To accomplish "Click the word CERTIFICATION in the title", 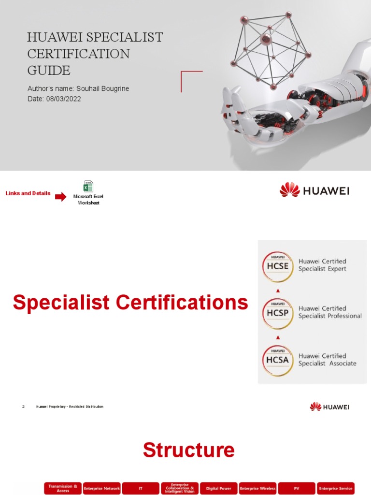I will click(78, 54).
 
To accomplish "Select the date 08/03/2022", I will click(63, 99).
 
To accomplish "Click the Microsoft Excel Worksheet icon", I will click(88, 187).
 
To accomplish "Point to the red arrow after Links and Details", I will click(61, 197).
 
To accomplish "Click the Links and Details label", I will click(28, 193).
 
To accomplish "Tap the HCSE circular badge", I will click(277, 266).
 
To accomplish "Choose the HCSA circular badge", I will click(277, 361).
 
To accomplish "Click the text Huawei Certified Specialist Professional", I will click(329, 312).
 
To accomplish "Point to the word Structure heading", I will click(188, 450).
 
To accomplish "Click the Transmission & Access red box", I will click(63, 488).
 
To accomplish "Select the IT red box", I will click(141, 488).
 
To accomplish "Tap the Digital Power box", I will click(218, 488).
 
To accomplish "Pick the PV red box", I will click(297, 488).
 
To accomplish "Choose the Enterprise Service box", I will click(336, 488).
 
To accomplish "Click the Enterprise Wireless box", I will click(257, 488).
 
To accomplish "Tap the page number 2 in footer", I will click(23, 407).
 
